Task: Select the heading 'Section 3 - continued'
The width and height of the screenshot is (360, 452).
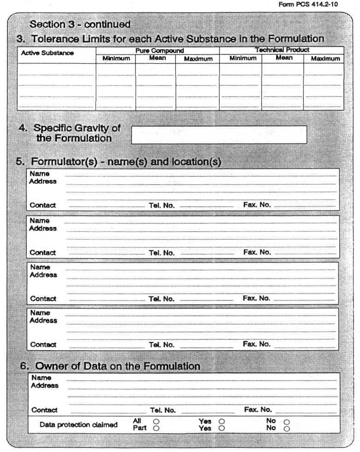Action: click(80, 24)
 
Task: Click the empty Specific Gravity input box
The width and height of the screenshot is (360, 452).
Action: click(219, 135)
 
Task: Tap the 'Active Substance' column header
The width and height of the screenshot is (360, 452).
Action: click(47, 53)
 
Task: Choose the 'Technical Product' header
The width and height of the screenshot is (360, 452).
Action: click(282, 50)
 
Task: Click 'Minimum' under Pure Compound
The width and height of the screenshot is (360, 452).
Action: click(116, 59)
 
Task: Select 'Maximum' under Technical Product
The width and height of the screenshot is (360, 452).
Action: click(325, 59)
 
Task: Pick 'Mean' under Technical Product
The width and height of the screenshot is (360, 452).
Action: click(284, 58)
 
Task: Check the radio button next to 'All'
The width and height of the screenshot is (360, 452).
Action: click(156, 421)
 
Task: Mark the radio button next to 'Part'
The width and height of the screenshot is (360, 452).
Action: click(156, 428)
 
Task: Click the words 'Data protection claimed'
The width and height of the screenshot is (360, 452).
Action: click(78, 425)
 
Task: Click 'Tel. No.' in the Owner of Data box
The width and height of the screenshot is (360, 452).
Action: click(163, 410)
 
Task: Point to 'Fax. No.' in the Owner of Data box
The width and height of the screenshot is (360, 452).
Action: click(258, 410)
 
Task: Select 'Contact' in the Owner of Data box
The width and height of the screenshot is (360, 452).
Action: click(44, 410)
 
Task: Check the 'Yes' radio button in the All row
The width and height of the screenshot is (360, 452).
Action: click(222, 421)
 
